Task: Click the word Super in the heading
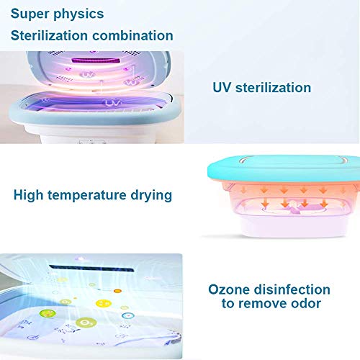29,14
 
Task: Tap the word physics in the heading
78,14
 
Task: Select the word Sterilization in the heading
49,35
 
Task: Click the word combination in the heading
132,35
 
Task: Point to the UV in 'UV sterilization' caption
222,87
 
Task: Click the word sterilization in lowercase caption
273,87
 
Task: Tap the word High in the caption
28,195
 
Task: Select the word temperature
86,195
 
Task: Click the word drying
151,195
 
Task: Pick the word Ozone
229,289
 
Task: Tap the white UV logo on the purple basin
112,103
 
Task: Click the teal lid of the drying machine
284,168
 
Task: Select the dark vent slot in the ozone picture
91,269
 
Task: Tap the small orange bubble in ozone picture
117,291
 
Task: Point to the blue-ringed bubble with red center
128,315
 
